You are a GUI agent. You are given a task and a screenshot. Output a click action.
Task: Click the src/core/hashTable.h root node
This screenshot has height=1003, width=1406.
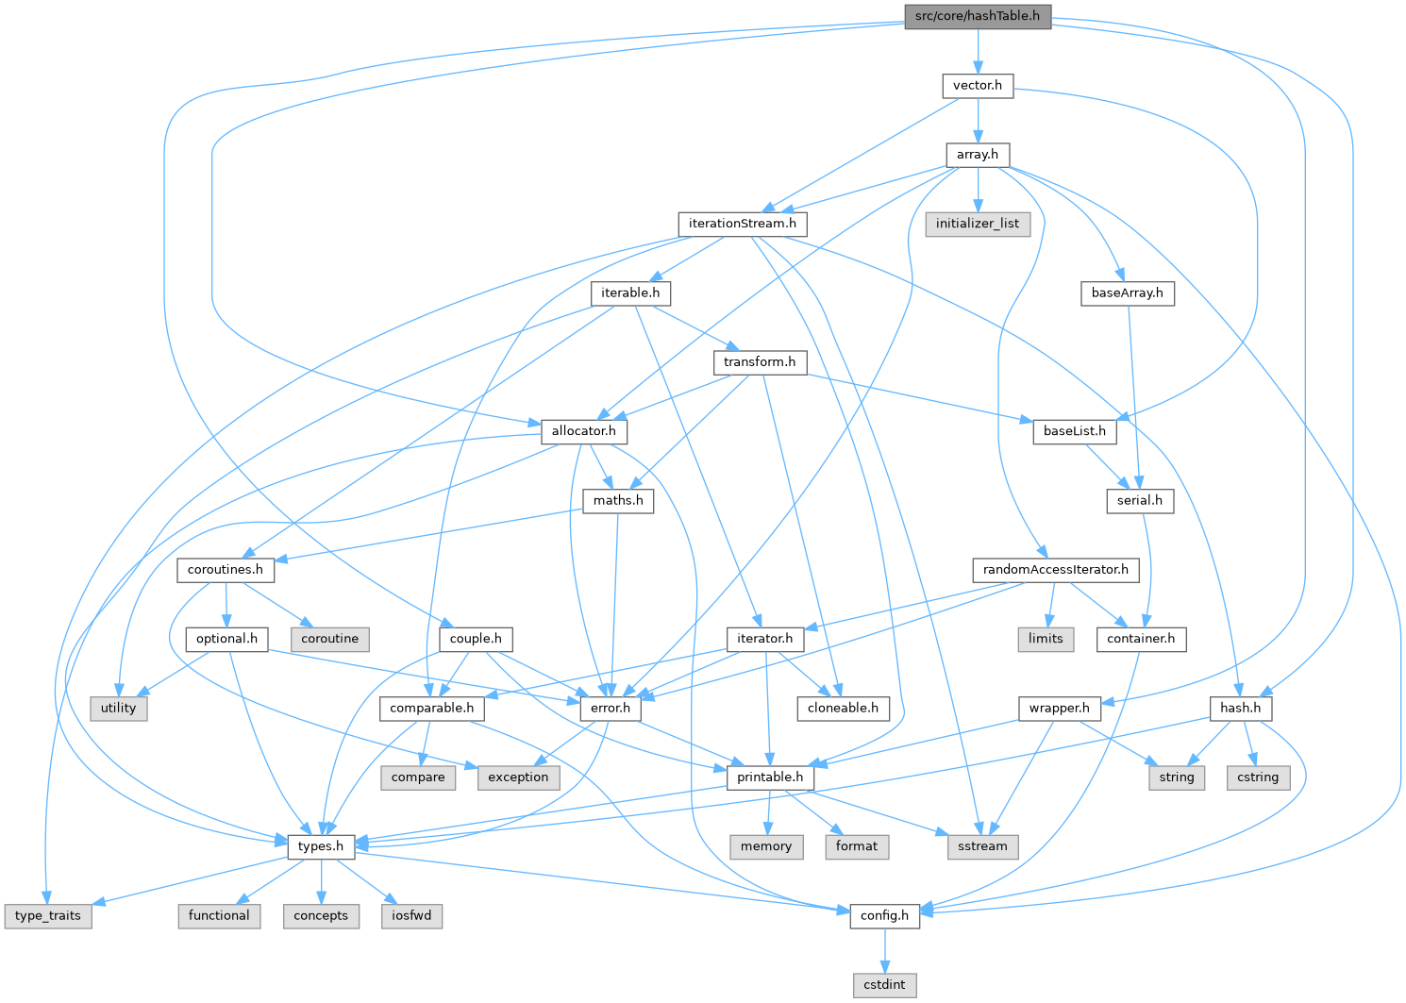pos(978,17)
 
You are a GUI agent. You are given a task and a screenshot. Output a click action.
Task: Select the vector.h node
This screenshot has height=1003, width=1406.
pos(978,86)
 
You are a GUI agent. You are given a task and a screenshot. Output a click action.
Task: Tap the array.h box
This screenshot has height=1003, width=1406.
pos(978,155)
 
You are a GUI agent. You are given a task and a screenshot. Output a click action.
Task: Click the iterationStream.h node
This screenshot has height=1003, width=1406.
pos(743,224)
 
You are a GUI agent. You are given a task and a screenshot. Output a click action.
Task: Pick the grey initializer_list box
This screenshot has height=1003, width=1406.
pos(978,224)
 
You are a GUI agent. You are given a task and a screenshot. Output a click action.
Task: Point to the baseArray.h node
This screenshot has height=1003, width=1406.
pos(1128,293)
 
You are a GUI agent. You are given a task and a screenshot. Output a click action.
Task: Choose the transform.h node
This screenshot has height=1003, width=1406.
pos(760,362)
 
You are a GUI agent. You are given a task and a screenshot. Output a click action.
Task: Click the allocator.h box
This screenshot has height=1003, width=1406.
pos(583,431)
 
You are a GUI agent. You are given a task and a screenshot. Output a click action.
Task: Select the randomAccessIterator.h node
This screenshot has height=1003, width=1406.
pos(1056,570)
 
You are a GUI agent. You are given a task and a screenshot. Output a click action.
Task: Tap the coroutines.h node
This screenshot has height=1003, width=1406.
pos(226,570)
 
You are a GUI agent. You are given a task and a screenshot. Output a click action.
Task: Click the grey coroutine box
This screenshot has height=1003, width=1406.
pos(330,639)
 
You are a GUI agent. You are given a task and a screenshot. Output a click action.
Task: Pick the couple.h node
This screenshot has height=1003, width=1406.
pos(476,639)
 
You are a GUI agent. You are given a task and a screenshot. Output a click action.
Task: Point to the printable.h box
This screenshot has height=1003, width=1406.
pos(770,777)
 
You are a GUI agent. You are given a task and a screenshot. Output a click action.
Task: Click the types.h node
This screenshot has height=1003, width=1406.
pos(321,846)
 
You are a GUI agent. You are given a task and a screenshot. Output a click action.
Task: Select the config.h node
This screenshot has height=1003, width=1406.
pos(885,915)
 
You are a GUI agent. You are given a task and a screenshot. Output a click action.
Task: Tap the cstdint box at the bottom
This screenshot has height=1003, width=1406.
pos(885,984)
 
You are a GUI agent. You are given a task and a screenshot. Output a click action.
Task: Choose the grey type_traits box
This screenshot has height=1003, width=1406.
pos(48,915)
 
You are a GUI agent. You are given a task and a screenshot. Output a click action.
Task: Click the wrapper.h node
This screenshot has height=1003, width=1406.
pos(1060,708)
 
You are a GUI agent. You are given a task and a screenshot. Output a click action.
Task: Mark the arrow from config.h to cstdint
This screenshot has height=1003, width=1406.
pos(885,949)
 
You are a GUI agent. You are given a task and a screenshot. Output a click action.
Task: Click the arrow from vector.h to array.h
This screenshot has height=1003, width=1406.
pos(978,120)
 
